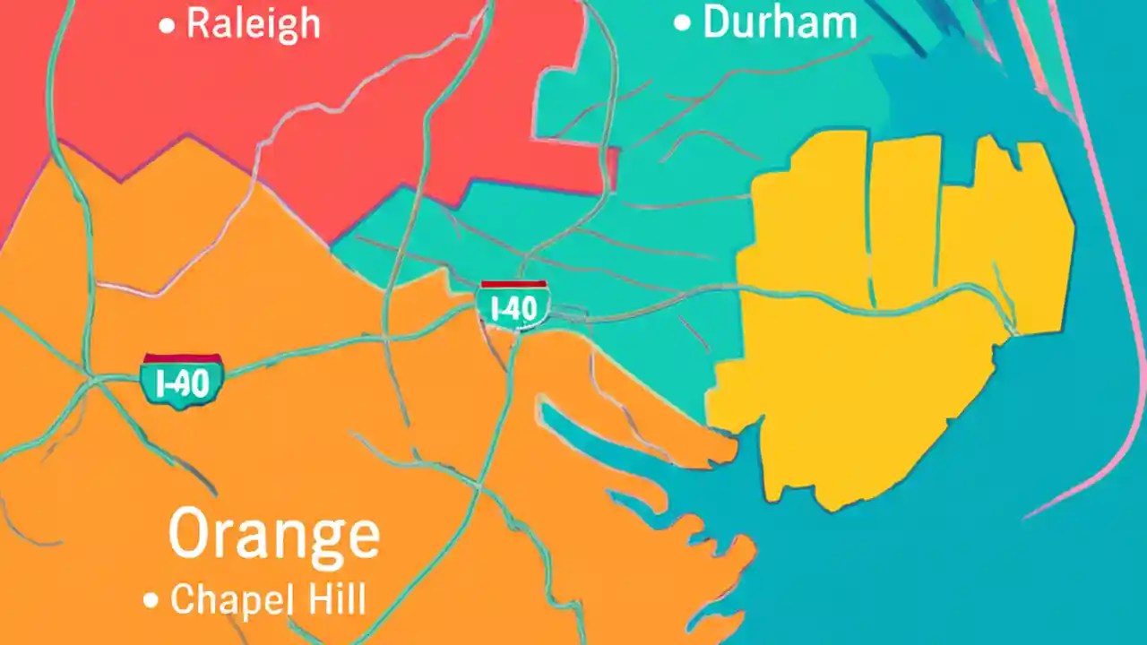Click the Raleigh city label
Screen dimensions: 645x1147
pyautogui.click(x=252, y=24)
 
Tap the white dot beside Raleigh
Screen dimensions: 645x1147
pyautogui.click(x=167, y=27)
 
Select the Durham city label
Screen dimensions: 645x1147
pyautogui.click(x=780, y=23)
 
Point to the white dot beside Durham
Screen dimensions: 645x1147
pyautogui.click(x=683, y=24)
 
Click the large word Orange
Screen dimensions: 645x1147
pyautogui.click(x=273, y=536)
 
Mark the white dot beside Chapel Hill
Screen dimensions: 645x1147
pyautogui.click(x=151, y=600)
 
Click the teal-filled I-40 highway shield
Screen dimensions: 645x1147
pyautogui.click(x=182, y=383)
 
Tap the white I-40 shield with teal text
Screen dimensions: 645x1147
pyautogui.click(x=513, y=308)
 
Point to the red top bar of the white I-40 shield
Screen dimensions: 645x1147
pyautogui.click(x=513, y=285)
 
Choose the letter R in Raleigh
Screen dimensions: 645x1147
pyautogui.click(x=199, y=24)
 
